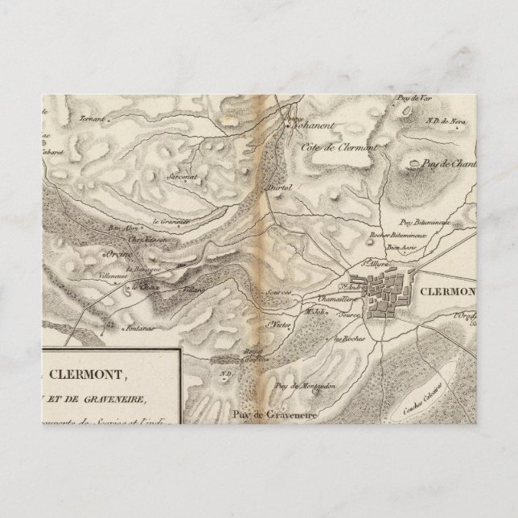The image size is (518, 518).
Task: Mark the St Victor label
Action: click(x=277, y=325)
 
